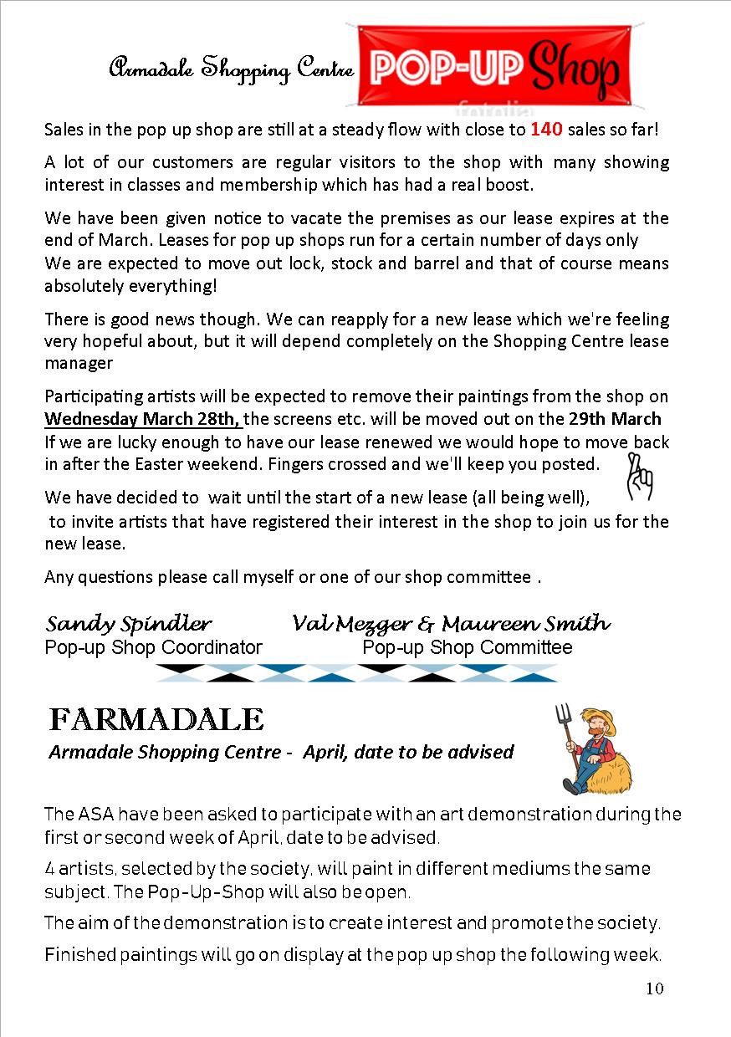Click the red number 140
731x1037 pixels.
pyautogui.click(x=545, y=130)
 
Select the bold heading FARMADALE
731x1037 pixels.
pyautogui.click(x=156, y=718)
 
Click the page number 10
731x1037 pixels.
pyautogui.click(x=654, y=989)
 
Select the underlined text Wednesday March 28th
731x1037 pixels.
pyautogui.click(x=142, y=418)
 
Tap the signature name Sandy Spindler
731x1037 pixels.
pyautogui.click(x=129, y=624)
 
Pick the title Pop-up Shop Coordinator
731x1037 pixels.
pyautogui.click(x=153, y=647)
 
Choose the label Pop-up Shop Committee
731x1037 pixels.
pyautogui.click(x=467, y=647)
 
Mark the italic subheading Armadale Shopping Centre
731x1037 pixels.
pyautogui.click(x=165, y=752)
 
